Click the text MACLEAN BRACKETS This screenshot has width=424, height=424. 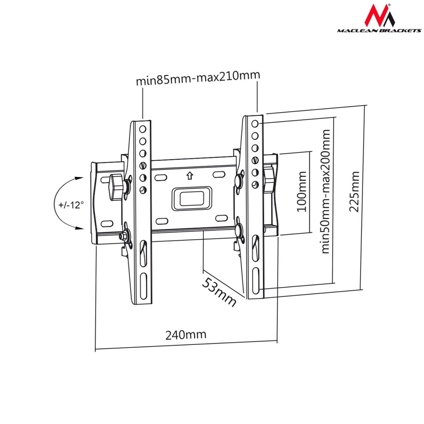click(x=379, y=31)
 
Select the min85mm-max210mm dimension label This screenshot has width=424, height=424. click(x=198, y=78)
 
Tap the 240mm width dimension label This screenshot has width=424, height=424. click(x=186, y=334)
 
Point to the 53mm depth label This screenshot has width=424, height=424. click(x=219, y=292)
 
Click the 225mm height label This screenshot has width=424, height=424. click(x=354, y=192)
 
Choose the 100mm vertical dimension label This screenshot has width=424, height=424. click(x=301, y=192)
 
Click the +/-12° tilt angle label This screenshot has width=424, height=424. click(x=71, y=205)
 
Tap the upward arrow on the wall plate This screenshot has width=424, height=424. click(x=190, y=175)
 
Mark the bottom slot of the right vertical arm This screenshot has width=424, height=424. click(x=255, y=281)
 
